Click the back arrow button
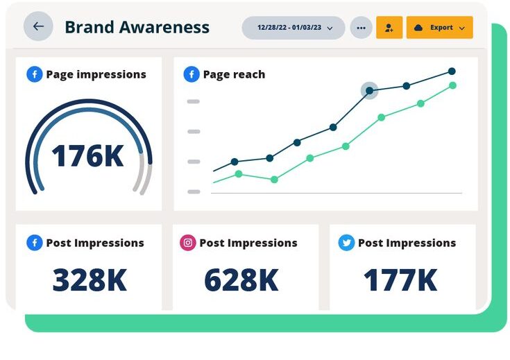pos(38,26)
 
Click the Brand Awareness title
pos(137,27)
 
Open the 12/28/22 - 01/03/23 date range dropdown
pos(294,28)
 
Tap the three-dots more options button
pos(361,28)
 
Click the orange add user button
pos(389,28)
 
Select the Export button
pos(439,28)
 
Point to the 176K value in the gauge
pos(88,156)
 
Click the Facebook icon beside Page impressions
pos(35,74)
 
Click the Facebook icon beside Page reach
pos(192,74)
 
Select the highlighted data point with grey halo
pos(369,90)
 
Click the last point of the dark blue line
pos(452,71)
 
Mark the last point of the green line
pos(452,85)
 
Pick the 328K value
pos(90,280)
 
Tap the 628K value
pos(241,280)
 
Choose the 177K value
pos(400,280)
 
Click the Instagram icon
pos(187,243)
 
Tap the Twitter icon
pos(346,243)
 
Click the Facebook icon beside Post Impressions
pos(35,243)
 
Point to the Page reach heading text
pos(234,74)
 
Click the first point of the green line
pos(239,173)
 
